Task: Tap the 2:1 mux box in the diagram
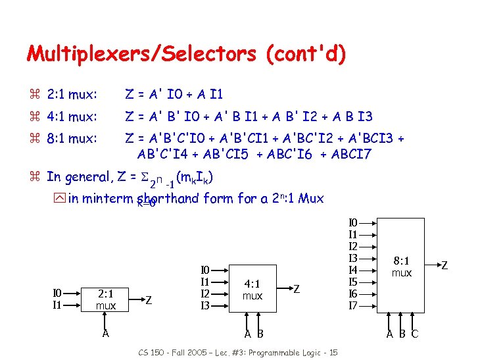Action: pos(105,300)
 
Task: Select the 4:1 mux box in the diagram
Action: pos(252,290)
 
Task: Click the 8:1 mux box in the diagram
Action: pos(402,266)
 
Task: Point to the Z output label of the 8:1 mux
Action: pos(444,266)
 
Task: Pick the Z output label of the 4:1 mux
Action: pos(297,289)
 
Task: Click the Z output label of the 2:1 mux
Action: pos(149,300)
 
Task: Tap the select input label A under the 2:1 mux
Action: pos(105,333)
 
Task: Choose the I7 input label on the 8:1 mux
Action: pos(353,306)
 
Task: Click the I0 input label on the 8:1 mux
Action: pos(353,223)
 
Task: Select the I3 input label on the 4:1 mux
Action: pos(206,306)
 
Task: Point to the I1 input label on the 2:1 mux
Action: pos(57,305)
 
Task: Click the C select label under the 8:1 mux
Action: pos(414,334)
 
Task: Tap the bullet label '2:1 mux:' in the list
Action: pos(72,95)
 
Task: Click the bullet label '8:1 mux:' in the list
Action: pos(72,139)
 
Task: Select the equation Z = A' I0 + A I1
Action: pos(174,95)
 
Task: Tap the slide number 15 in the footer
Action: pos(333,353)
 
